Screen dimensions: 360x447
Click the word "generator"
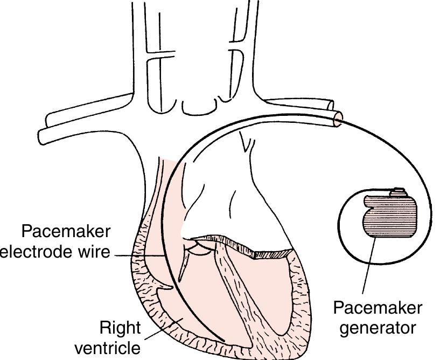(378, 327)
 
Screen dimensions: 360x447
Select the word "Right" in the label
(120, 328)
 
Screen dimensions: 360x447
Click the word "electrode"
(36, 252)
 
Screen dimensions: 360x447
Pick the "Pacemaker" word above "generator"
(378, 308)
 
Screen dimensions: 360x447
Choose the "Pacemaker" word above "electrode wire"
(66, 232)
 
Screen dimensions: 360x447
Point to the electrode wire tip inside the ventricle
(223, 340)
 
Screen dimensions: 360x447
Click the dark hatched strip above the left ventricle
(275, 253)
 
